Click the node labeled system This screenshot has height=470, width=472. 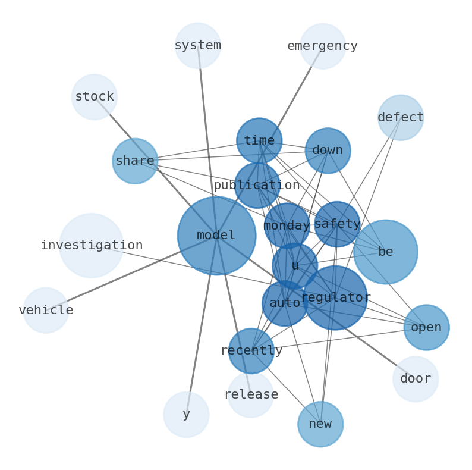(x=198, y=46)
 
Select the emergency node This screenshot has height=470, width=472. (x=323, y=46)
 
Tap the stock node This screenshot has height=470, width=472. (x=95, y=97)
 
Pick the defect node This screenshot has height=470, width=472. (x=401, y=118)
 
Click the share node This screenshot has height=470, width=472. (x=135, y=161)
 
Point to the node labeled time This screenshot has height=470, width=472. (x=259, y=141)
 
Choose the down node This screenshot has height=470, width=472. (x=328, y=151)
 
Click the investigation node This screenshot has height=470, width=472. (x=92, y=246)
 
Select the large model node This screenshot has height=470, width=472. (x=216, y=236)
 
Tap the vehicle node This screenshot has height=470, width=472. (x=46, y=311)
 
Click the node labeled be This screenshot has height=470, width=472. (x=385, y=252)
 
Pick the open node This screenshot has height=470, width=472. (x=426, y=328)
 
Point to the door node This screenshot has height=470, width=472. (x=416, y=379)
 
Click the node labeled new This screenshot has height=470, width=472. (x=320, y=424)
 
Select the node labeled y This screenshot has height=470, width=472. (x=186, y=415)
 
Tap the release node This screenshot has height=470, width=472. (x=251, y=394)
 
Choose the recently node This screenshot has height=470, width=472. (x=251, y=351)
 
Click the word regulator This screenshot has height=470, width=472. (x=336, y=297)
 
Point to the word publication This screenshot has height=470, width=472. (x=257, y=186)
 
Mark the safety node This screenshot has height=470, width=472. (x=337, y=224)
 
